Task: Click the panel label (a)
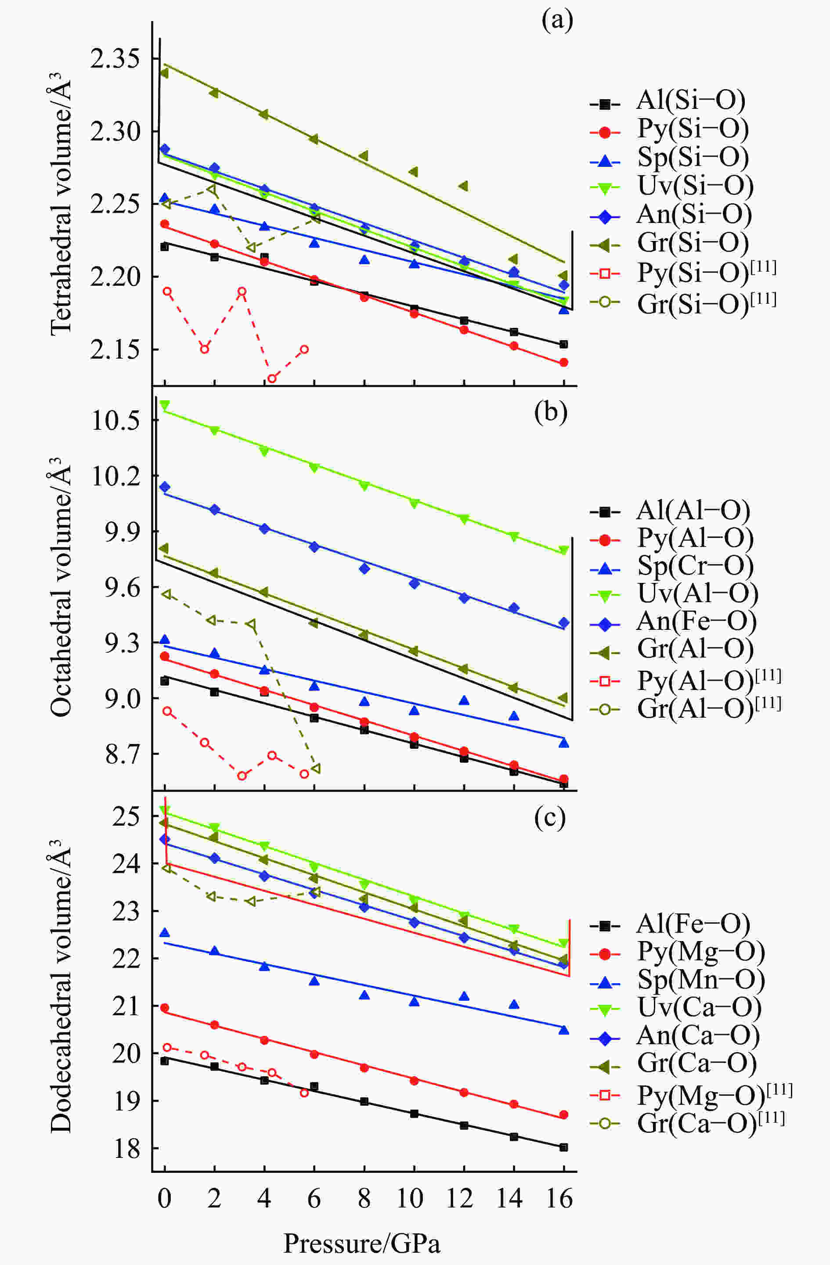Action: point(557,22)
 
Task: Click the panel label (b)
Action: point(551,413)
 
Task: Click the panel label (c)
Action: point(550,819)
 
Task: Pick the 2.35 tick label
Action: point(115,58)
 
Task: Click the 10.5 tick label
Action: point(115,420)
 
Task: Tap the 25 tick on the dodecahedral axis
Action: point(126,816)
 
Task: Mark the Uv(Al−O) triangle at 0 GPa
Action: point(165,405)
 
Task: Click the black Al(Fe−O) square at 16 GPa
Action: point(563,1147)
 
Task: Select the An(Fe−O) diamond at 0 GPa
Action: point(165,486)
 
